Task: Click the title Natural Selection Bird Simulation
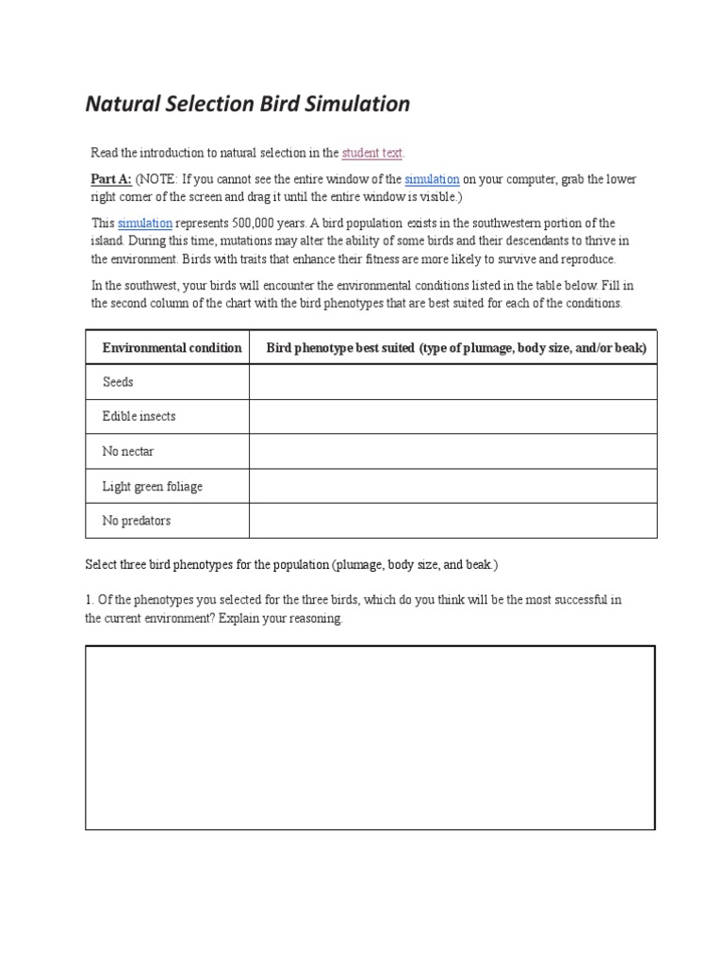pos(248,104)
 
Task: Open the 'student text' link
pos(372,153)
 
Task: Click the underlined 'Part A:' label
pos(111,179)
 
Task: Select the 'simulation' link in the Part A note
pos(432,179)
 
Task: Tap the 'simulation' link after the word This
pos(144,224)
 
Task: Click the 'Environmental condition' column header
pos(172,348)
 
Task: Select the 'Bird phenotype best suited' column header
pos(456,348)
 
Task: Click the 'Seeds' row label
pos(118,382)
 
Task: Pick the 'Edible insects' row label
pos(139,416)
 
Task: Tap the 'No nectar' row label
pos(128,451)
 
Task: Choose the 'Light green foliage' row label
pos(152,487)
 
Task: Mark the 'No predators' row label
pos(136,521)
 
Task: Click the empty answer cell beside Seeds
pos(452,382)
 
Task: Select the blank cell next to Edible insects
pos(452,416)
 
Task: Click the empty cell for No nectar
pos(452,451)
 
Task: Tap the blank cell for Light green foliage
pos(452,487)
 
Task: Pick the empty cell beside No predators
pos(452,521)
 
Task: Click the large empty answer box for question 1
pos(370,738)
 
